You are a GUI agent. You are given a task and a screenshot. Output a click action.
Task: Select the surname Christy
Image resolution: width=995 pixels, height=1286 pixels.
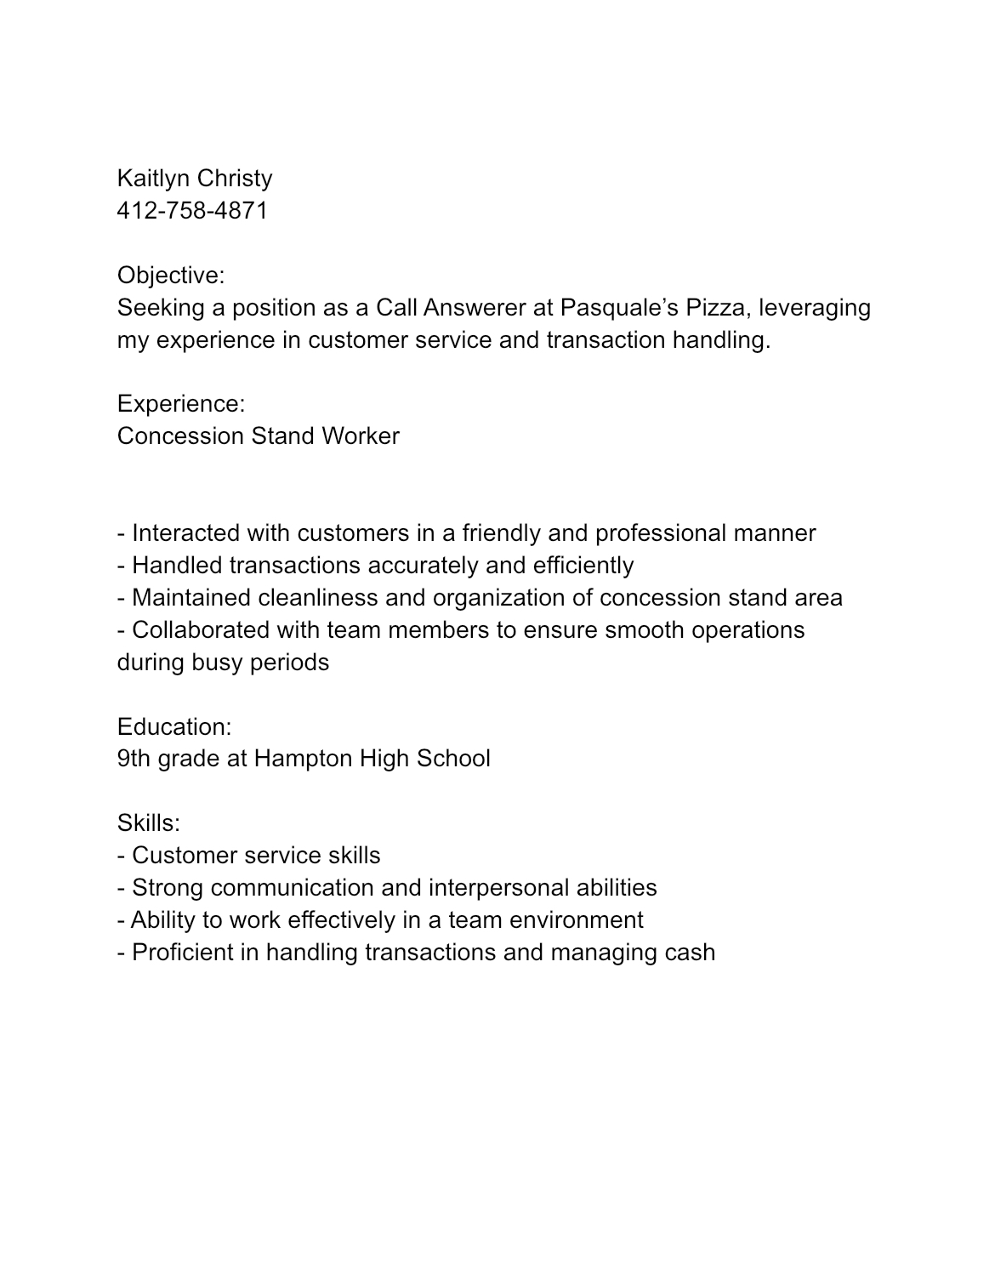tap(235, 179)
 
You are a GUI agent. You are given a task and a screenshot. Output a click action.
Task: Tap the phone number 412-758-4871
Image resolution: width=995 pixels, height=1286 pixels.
tap(192, 211)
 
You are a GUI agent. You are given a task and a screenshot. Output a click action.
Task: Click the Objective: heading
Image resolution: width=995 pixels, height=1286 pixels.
tap(171, 276)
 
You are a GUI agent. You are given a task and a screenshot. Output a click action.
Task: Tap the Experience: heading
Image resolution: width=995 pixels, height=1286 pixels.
tap(181, 404)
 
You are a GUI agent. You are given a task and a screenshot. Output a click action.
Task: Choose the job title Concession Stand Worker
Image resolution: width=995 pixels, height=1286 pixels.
tap(258, 436)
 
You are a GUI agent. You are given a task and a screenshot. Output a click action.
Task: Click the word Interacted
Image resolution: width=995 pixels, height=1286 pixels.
tap(186, 533)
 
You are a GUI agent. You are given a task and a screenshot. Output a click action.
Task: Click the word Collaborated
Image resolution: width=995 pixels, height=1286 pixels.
tap(201, 630)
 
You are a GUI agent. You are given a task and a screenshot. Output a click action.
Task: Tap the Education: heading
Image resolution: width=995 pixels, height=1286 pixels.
tap(174, 727)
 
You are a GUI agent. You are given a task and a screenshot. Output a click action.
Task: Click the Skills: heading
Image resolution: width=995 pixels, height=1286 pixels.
tap(149, 823)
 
